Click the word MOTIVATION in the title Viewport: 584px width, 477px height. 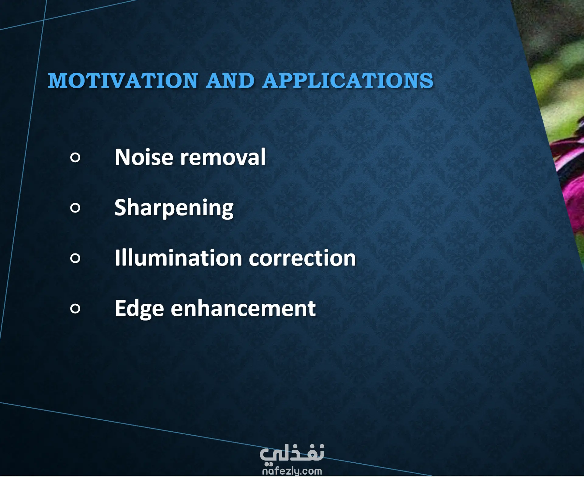123,81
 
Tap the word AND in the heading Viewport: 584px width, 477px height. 230,81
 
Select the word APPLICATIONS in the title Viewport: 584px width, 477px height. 348,81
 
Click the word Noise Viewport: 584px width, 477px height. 144,157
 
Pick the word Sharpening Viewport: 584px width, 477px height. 174,208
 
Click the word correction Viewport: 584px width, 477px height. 302,258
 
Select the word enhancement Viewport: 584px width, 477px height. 243,308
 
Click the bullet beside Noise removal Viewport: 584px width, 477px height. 75,157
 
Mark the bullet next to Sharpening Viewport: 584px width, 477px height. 75,208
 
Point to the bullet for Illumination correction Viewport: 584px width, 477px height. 75,258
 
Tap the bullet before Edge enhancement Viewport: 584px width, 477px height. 75,309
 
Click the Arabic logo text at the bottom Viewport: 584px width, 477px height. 292,454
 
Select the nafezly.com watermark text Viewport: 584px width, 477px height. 292,471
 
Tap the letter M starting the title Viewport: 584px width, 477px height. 57,81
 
